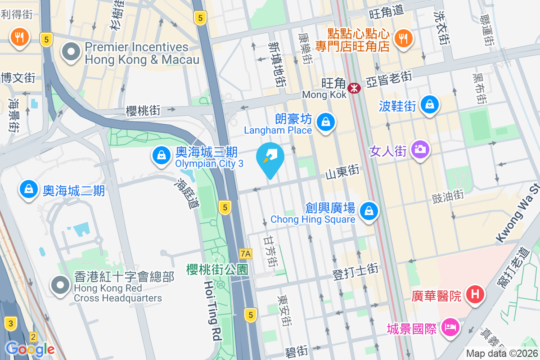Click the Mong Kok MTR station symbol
click(355, 88)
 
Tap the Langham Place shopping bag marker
click(324, 121)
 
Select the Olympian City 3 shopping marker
click(161, 156)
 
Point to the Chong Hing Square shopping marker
click(369, 210)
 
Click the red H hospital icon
click(474, 295)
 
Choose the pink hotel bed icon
click(450, 327)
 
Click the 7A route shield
click(245, 254)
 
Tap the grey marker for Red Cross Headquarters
click(60, 284)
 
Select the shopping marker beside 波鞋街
click(430, 105)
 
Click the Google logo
click(30, 349)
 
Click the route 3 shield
click(10, 323)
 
